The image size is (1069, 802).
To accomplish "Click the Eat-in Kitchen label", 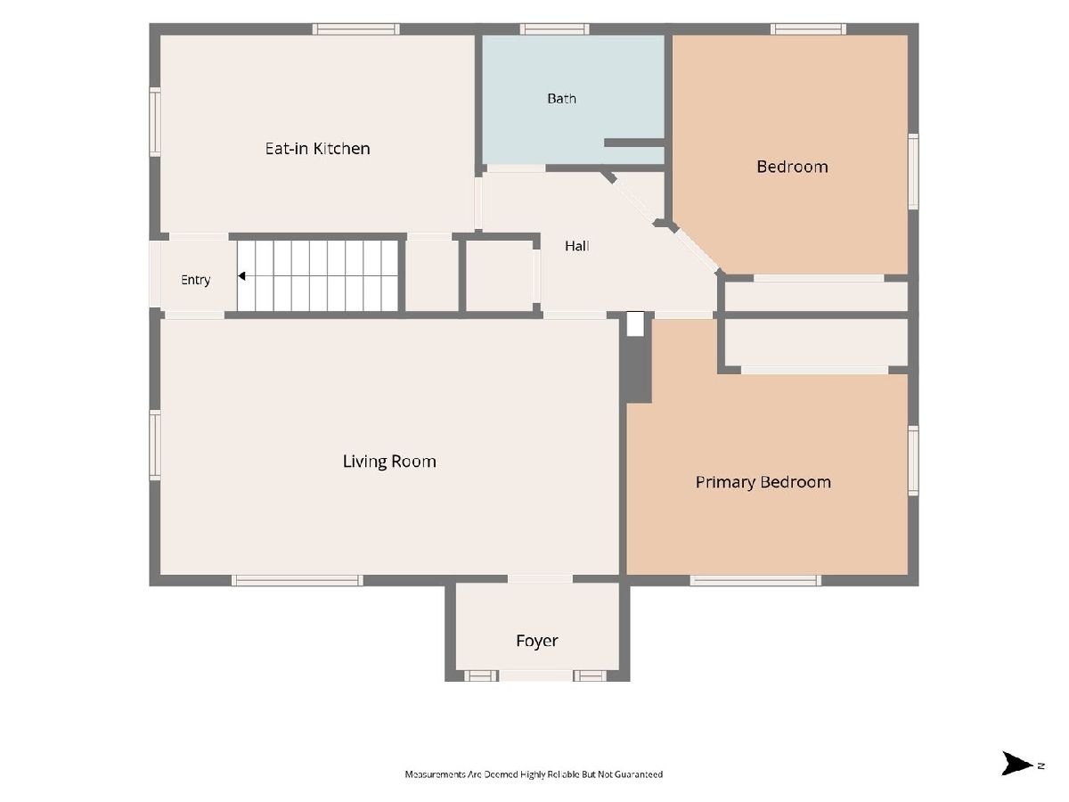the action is click(317, 149).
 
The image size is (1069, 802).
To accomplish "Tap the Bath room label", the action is click(561, 99).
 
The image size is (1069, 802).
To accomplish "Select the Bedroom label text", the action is click(792, 167).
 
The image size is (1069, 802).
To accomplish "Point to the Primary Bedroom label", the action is click(763, 482).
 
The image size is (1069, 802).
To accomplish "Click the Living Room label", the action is click(389, 462).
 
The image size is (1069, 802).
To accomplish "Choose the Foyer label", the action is click(536, 641).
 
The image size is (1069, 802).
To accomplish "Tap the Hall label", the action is click(577, 246).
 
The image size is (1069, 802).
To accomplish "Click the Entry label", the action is click(195, 280).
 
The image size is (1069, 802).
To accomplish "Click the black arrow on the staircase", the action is click(241, 276).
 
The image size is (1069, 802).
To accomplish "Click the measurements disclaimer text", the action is click(534, 774).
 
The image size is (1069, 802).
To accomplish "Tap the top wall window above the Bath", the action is click(554, 29).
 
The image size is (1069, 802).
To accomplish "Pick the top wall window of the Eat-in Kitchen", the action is click(355, 29).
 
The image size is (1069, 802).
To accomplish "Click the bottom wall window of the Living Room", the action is click(297, 580).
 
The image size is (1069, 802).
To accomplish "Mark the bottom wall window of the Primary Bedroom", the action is click(755, 580).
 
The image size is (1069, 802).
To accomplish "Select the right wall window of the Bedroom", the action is click(914, 172).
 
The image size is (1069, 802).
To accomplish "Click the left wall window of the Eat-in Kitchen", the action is click(155, 122).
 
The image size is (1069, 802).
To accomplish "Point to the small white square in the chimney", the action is click(635, 323).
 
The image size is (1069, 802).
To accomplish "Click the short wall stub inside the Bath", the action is click(634, 143).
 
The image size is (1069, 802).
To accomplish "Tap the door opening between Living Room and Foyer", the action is click(540, 579).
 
